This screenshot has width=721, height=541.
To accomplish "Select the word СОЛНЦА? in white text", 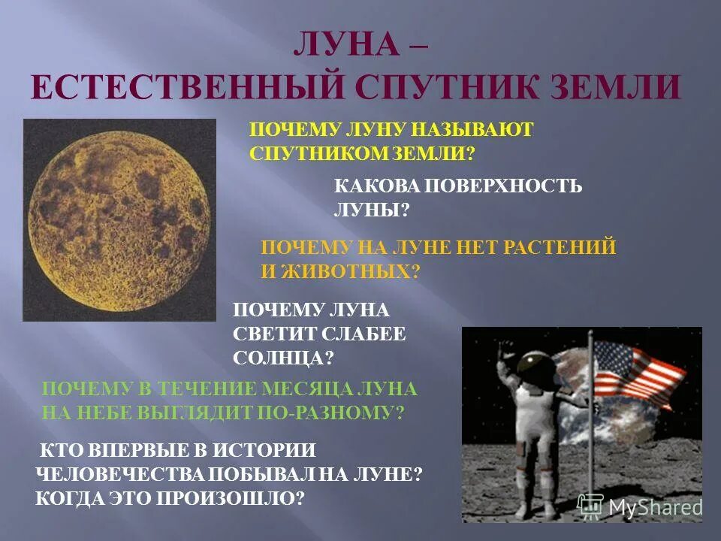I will (x=283, y=358).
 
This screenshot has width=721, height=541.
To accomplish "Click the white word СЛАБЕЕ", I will (x=367, y=334).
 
